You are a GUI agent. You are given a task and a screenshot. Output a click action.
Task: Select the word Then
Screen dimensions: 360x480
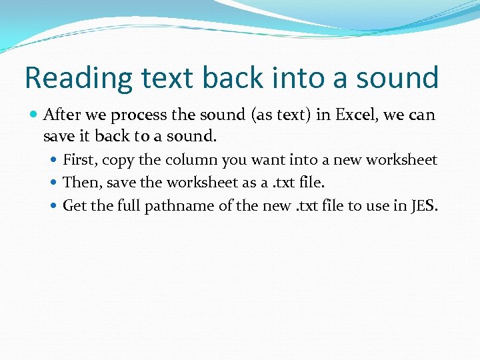coord(79,183)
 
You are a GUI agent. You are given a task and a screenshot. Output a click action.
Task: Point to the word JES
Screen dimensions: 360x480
coord(425,205)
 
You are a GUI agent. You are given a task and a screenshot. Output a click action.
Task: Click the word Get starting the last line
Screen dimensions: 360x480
coord(75,205)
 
